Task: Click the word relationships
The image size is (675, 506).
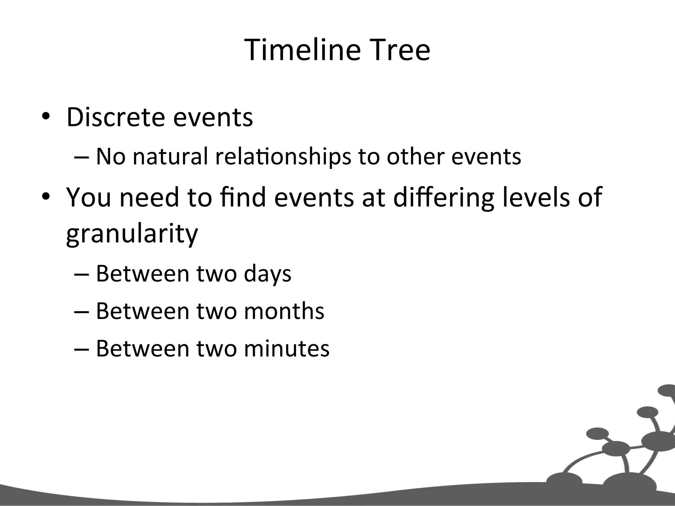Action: click(283, 157)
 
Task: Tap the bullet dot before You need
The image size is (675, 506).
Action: click(45, 197)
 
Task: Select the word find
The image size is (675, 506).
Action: click(243, 197)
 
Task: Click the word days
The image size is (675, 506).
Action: click(268, 274)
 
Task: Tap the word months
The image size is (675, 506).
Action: click(284, 311)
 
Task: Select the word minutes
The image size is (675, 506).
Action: click(286, 349)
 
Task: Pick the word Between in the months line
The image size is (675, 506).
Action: click(142, 311)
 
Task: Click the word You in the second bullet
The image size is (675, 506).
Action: click(88, 197)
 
